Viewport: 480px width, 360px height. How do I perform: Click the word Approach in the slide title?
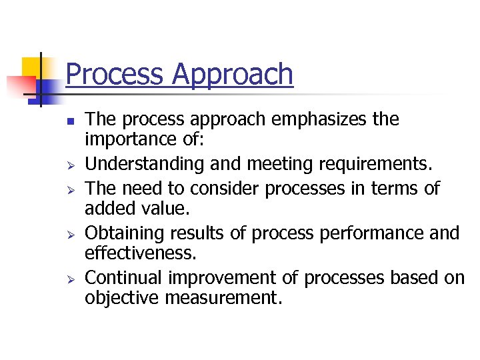[x=233, y=75]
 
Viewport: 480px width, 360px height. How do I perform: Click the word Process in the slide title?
[x=115, y=73]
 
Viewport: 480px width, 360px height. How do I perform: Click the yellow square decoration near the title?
[x=31, y=67]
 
